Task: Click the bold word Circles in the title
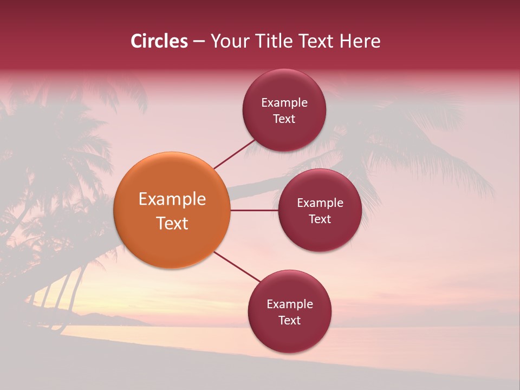tap(159, 41)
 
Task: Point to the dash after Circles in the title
tap(199, 42)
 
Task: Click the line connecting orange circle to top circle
tap(235, 154)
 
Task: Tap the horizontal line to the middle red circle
tap(254, 210)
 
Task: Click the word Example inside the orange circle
tap(172, 199)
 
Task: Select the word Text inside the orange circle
tap(172, 223)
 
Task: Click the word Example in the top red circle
tap(284, 103)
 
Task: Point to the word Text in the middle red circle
tap(320, 219)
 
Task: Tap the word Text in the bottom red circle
tap(289, 320)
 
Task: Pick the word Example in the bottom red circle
tap(290, 304)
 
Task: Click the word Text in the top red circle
tap(284, 119)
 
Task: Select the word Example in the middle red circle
tap(320, 203)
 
